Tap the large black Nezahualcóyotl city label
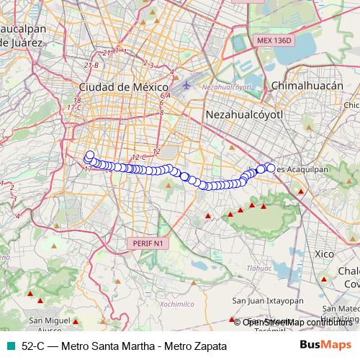point(245,114)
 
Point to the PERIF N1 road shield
point(149,244)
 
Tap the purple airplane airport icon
point(187,86)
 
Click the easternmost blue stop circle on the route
point(271,168)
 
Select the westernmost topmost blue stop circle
point(90,154)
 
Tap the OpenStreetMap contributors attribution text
point(297,322)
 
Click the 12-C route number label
point(139,157)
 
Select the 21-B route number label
point(91,66)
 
